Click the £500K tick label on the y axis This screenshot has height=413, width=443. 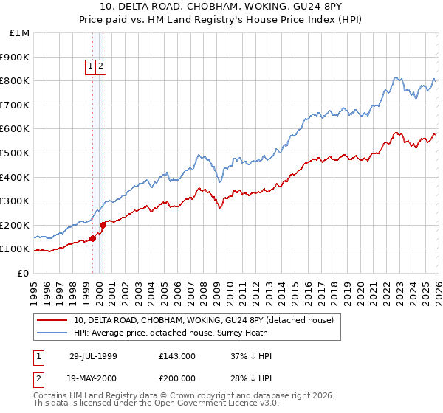point(16,153)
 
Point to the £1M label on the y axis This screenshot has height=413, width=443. point(20,32)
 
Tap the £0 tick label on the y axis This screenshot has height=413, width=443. point(24,273)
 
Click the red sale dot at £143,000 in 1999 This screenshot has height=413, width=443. point(93,238)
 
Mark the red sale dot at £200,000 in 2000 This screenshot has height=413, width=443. point(103,225)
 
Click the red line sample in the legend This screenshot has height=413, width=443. point(52,320)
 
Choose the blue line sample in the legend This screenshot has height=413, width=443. point(52,333)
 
